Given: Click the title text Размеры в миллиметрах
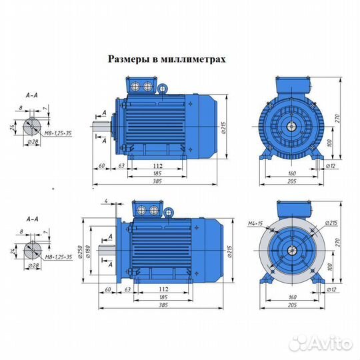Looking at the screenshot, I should tap(167, 59).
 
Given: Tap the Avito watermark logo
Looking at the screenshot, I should tap(327, 343).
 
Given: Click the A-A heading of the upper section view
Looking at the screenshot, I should tap(31, 95).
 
